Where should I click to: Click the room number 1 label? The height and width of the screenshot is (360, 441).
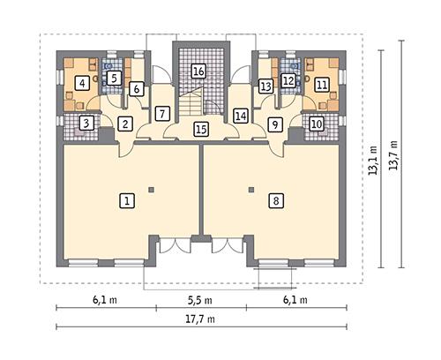click(x=128, y=201)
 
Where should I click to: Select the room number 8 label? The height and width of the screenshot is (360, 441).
click(x=276, y=201)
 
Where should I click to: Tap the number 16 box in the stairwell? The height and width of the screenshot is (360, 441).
click(x=199, y=71)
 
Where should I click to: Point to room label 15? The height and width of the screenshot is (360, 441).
click(x=201, y=130)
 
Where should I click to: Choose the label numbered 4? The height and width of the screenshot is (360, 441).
click(x=81, y=84)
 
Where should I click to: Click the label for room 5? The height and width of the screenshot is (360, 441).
click(x=113, y=78)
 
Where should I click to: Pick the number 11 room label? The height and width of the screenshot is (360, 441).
click(x=321, y=84)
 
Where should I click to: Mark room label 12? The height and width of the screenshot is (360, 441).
click(x=288, y=80)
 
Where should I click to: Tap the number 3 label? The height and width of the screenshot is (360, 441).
click(x=86, y=124)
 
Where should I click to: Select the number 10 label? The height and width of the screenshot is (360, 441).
click(x=317, y=124)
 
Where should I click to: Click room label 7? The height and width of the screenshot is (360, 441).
click(x=161, y=113)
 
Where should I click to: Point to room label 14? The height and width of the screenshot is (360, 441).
click(x=240, y=115)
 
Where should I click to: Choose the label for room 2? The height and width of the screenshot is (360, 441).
click(x=125, y=124)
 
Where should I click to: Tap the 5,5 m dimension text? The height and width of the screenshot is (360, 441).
click(x=201, y=300)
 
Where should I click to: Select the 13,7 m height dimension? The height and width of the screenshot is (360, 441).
click(x=393, y=159)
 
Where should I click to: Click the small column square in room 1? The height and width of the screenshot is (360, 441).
click(x=151, y=189)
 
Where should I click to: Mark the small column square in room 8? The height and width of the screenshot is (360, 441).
click(x=251, y=189)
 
